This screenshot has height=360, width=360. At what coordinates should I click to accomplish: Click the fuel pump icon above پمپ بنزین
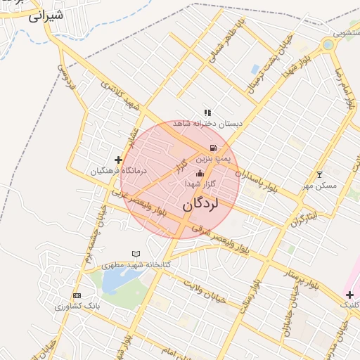click(213, 148)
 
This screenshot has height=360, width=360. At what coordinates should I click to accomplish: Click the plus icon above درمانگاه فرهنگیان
click(118, 160)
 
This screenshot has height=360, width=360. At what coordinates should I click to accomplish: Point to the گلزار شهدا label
click(200, 184)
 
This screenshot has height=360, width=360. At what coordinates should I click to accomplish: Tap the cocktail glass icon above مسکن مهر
click(320, 174)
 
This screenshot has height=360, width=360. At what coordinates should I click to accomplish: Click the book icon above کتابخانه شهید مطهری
click(136, 254)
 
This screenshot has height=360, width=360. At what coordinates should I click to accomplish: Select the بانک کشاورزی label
click(77, 306)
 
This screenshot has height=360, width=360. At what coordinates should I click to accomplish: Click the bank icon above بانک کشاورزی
click(77, 295)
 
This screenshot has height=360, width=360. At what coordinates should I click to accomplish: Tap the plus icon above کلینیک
click(349, 294)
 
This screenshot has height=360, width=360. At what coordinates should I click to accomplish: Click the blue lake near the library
click(112, 281)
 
